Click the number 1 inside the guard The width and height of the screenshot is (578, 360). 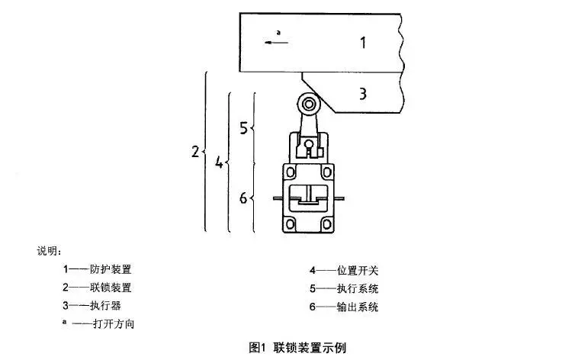(x=363, y=43)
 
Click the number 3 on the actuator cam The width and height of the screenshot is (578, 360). (x=363, y=94)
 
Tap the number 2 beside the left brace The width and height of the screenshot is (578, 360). (x=195, y=152)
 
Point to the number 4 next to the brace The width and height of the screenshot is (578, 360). (x=219, y=162)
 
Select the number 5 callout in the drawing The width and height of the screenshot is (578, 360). (x=243, y=128)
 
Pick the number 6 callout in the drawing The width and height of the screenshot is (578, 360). (x=243, y=198)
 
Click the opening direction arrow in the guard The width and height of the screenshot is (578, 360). (x=276, y=43)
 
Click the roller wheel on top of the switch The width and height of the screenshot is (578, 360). (x=307, y=104)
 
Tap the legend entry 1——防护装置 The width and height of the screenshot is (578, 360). (x=97, y=269)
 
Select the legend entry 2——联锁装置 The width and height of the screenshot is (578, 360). (x=97, y=288)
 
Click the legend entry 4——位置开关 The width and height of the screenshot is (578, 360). (x=343, y=269)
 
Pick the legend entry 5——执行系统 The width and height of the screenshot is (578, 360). (x=343, y=288)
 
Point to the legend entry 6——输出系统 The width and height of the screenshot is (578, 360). (x=343, y=307)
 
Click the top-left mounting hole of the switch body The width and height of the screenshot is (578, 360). (x=289, y=172)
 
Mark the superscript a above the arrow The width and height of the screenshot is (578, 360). (x=278, y=33)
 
